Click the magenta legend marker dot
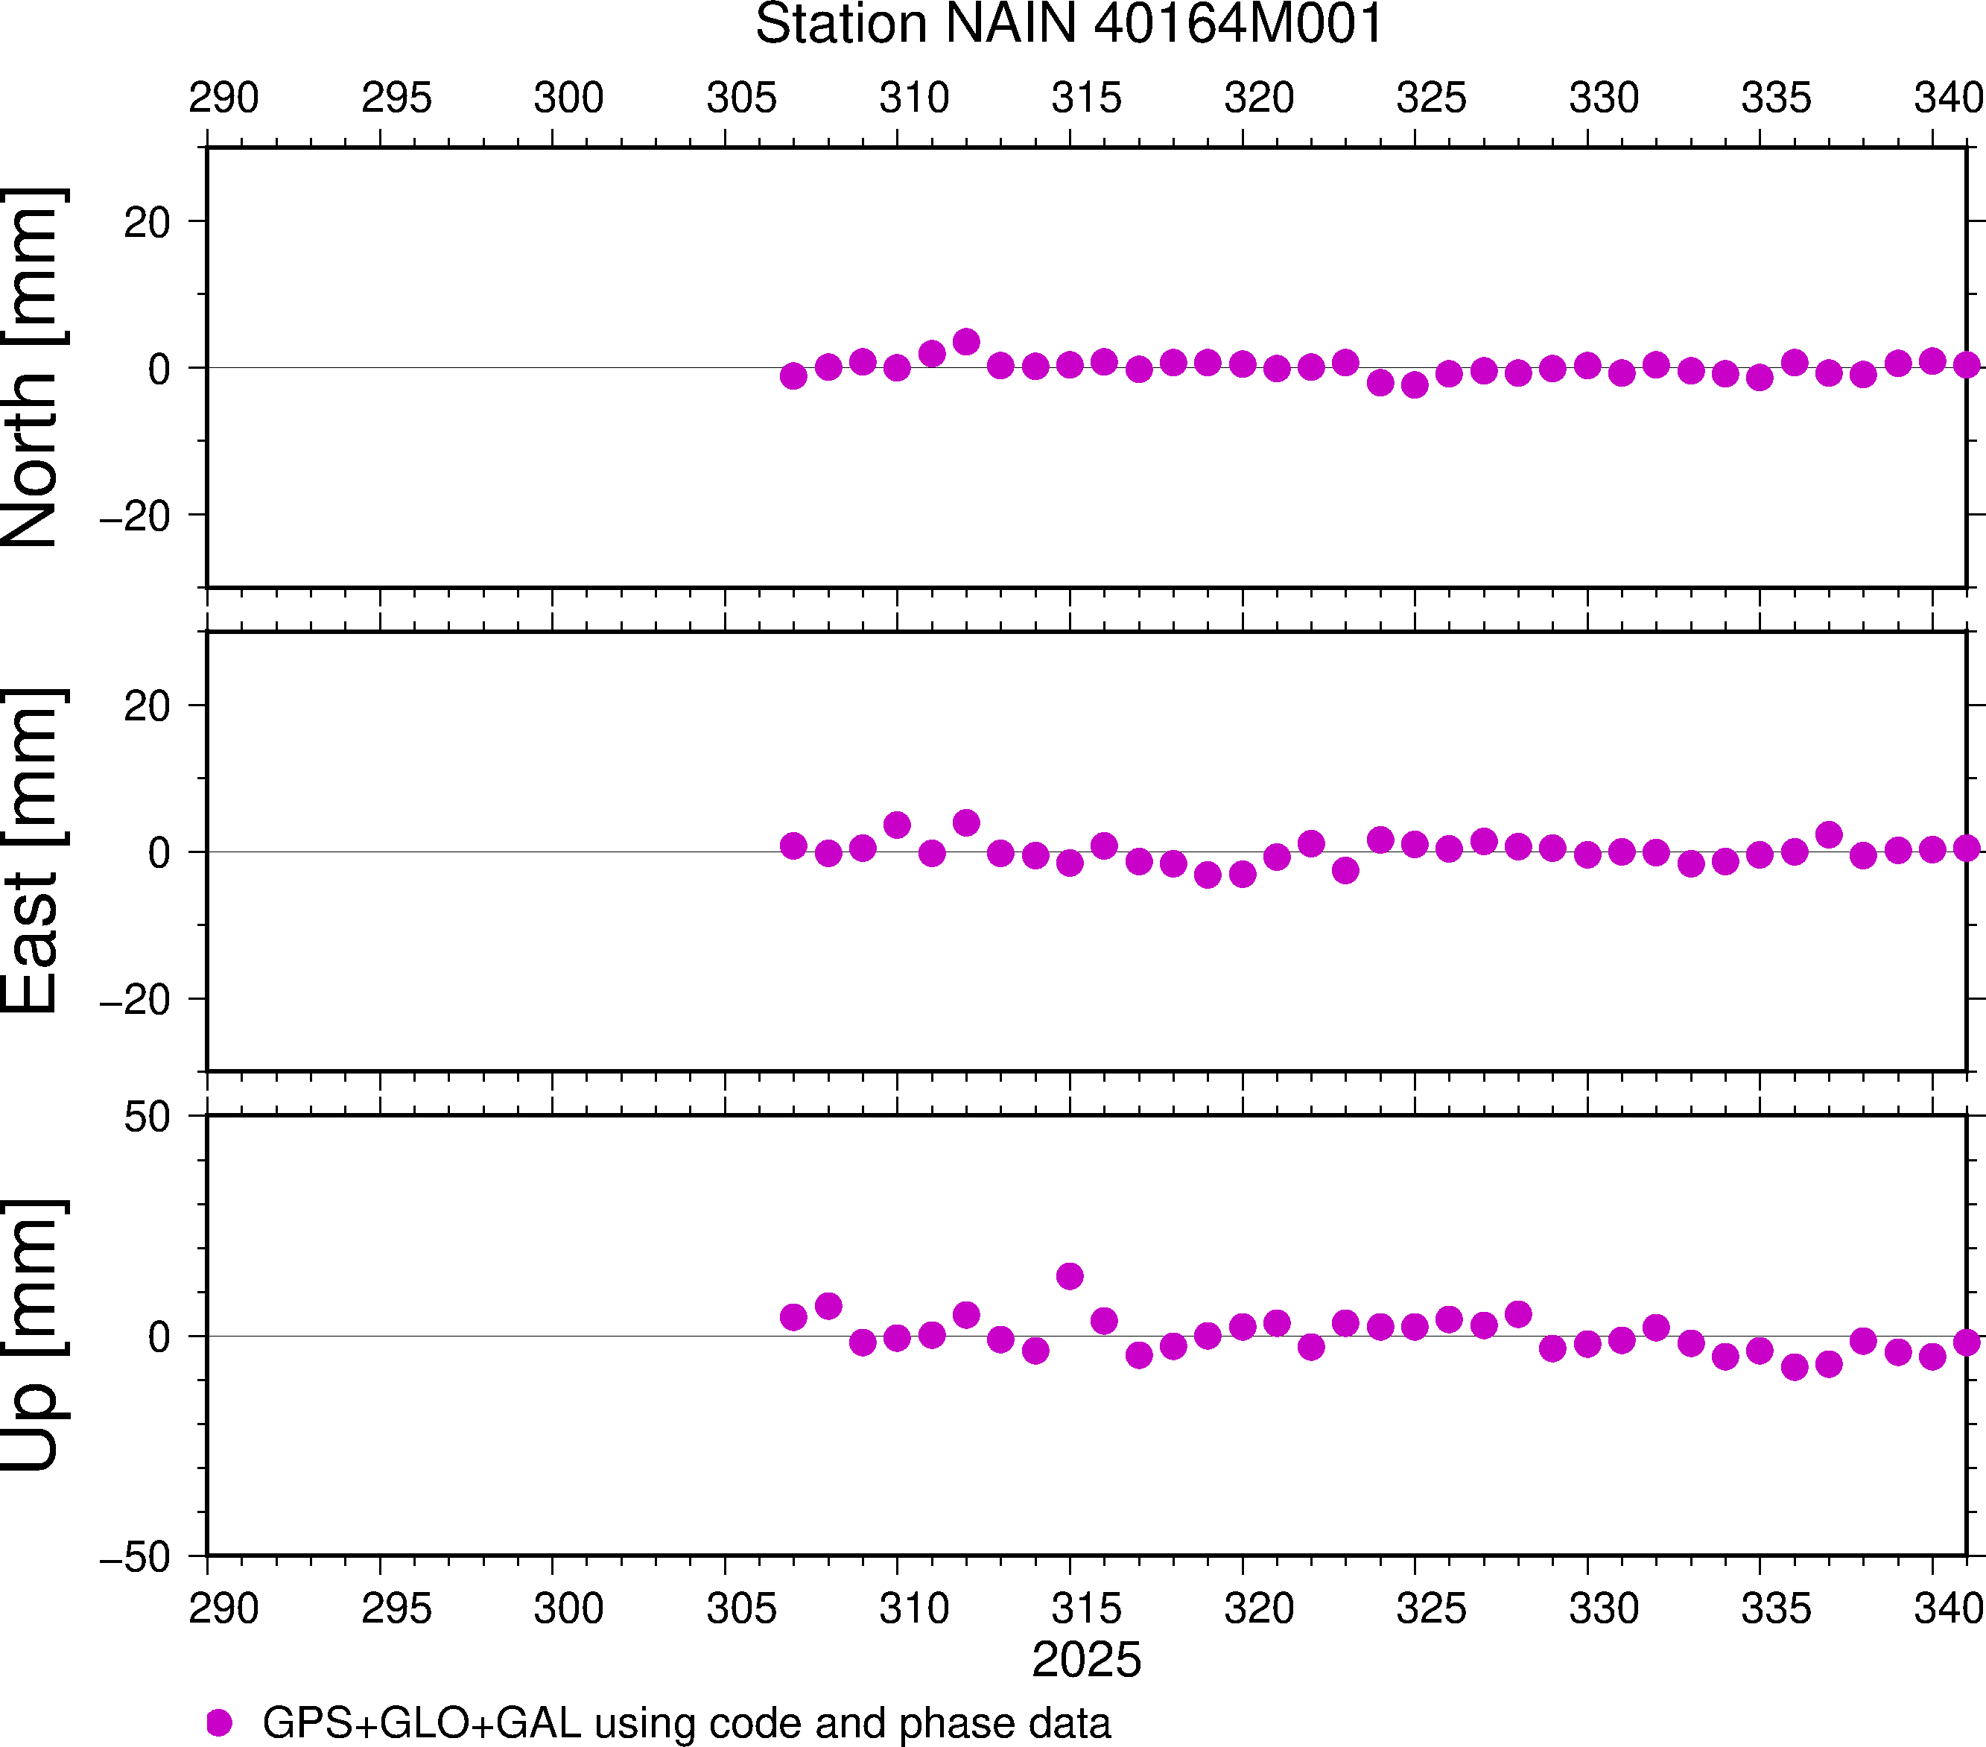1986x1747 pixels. click(220, 1722)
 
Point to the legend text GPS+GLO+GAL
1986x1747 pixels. click(422, 1722)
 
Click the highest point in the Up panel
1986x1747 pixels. click(1070, 1275)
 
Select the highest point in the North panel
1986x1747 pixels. click(965, 342)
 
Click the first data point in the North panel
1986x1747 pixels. click(794, 376)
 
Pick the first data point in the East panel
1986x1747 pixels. click(794, 846)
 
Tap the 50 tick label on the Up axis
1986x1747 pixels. click(147, 1118)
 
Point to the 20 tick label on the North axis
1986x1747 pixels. click(147, 223)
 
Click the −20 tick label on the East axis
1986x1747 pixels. click(135, 1000)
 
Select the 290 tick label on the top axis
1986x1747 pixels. click(223, 98)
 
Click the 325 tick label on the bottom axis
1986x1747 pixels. click(1431, 1609)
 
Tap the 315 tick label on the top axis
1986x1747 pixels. click(1086, 98)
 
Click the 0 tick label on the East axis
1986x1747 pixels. click(159, 853)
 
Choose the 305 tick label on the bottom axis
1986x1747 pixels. click(741, 1609)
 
